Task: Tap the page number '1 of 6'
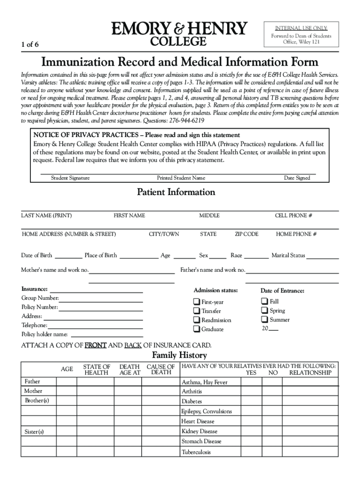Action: tap(30, 45)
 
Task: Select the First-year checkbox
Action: tap(197, 302)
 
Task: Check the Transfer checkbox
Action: tap(197, 311)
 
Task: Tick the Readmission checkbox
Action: tap(197, 320)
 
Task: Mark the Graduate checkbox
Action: tap(197, 329)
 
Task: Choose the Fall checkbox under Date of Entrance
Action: tap(265, 301)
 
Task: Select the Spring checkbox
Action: tap(265, 311)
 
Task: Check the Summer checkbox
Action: tap(265, 320)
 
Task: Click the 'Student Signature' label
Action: tap(70, 178)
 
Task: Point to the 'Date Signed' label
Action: tap(297, 178)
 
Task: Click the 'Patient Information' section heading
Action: tap(176, 192)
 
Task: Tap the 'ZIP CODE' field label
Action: tap(246, 234)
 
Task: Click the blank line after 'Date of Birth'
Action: tap(68, 257)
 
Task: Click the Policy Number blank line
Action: tap(101, 309)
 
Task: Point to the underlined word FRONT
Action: tap(95, 346)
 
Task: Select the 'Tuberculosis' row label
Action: tap(196, 452)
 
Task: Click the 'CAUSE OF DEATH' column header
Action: tap(161, 370)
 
